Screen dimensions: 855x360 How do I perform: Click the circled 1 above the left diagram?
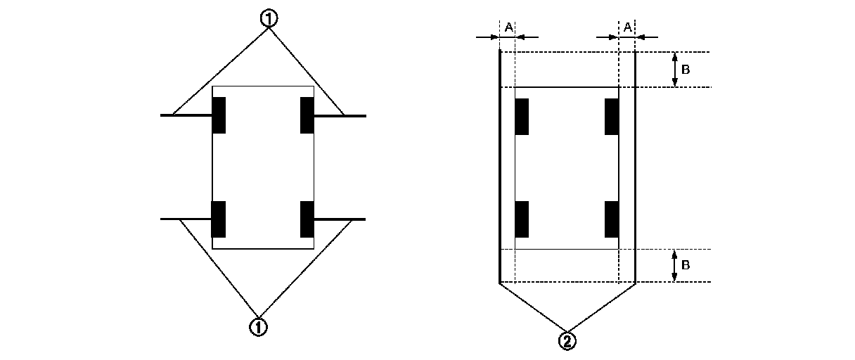coord(268,19)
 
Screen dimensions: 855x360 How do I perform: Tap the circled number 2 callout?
coord(567,341)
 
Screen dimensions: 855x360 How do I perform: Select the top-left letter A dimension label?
coord(508,27)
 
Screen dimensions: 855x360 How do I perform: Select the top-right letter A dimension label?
coord(627,27)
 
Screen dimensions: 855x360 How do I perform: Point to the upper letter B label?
coord(686,70)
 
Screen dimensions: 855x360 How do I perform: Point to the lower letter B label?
coord(686,266)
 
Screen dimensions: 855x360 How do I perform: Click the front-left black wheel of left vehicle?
coord(219,115)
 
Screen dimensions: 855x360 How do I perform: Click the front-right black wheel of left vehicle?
coord(307,115)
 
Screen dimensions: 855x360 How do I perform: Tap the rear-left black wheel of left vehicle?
coord(219,219)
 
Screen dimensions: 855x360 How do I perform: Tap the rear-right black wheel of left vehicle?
coord(307,219)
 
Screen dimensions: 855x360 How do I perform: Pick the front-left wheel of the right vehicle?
coord(522,117)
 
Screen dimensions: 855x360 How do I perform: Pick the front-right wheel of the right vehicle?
coord(612,117)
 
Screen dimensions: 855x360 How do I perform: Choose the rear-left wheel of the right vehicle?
coord(522,219)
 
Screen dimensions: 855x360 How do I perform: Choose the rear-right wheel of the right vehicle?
coord(612,219)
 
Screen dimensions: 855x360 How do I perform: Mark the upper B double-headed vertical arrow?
coord(675,70)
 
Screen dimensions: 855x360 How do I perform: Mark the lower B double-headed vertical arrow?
coord(675,266)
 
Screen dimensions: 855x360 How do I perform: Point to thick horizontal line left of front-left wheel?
coord(186,115)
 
